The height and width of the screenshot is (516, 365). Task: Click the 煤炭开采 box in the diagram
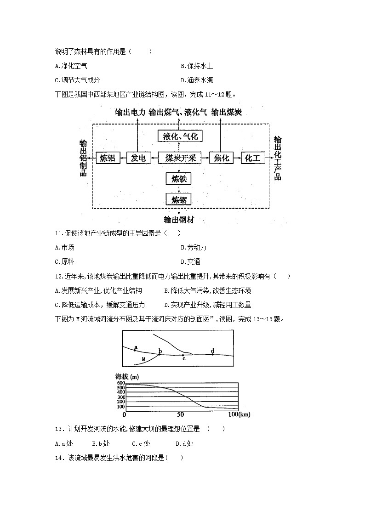(180, 158)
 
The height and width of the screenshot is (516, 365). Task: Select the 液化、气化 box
(180, 136)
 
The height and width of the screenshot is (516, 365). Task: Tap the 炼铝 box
(107, 158)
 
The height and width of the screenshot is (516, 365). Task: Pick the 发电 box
(138, 158)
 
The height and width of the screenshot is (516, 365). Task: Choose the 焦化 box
(222, 158)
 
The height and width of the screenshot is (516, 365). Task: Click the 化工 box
(252, 158)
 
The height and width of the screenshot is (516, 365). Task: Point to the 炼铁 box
(178, 179)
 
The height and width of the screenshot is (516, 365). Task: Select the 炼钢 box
(178, 199)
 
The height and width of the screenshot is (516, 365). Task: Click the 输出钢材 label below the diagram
(179, 220)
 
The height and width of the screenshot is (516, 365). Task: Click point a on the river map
(135, 350)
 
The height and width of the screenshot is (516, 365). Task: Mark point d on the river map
(212, 354)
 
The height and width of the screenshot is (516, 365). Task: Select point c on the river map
(183, 355)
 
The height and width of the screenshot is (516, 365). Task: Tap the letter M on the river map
(143, 358)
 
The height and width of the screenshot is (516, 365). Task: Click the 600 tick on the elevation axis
(121, 383)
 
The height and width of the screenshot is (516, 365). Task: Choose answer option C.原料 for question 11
(64, 261)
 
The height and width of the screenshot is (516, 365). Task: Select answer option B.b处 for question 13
(101, 443)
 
